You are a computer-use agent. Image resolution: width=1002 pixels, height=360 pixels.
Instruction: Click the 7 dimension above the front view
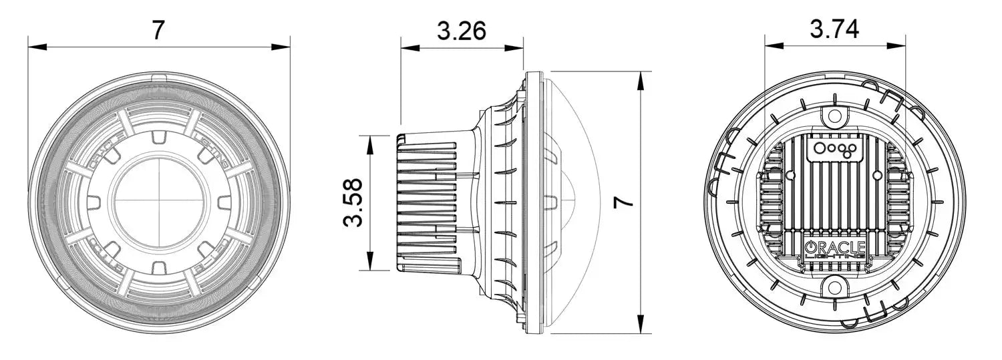point(158,30)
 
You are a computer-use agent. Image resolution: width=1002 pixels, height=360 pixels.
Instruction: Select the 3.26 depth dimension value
point(461,31)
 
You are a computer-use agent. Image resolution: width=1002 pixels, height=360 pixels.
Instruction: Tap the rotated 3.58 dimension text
point(353,202)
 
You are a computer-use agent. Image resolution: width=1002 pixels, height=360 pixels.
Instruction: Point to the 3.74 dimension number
point(834,29)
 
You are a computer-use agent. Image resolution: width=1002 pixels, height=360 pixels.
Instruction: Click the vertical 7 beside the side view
point(623,202)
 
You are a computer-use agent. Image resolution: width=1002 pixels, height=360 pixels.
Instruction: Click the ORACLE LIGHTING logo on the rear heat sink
point(835,248)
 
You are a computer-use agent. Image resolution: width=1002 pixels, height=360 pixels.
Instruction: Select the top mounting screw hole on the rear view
point(835,116)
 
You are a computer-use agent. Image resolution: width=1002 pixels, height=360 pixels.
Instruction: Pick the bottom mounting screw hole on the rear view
point(834,289)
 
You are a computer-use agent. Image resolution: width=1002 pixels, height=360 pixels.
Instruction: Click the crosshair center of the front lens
point(159,200)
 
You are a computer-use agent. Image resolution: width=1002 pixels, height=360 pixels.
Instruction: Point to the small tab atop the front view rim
point(159,79)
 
